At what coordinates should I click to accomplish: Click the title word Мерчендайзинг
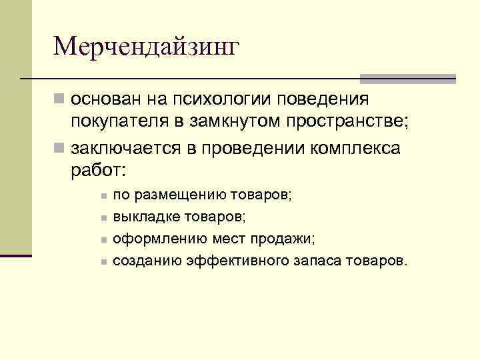[145, 47]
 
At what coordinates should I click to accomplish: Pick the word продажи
[287, 239]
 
